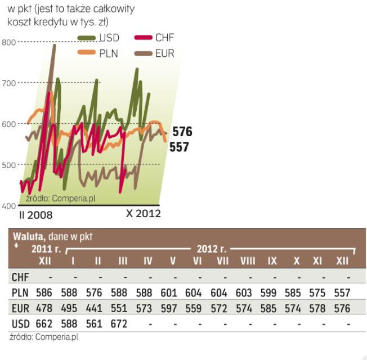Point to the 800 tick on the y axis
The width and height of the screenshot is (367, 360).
pyautogui.click(x=8, y=42)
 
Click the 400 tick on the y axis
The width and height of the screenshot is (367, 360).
pyautogui.click(x=8, y=206)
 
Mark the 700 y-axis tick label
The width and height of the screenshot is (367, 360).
pyautogui.click(x=8, y=83)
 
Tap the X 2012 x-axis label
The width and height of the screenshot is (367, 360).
pyautogui.click(x=143, y=214)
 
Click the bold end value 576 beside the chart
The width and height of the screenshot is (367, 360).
pyautogui.click(x=182, y=133)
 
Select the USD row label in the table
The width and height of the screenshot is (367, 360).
pyautogui.click(x=20, y=323)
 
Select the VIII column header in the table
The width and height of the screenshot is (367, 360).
pyautogui.click(x=248, y=261)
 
